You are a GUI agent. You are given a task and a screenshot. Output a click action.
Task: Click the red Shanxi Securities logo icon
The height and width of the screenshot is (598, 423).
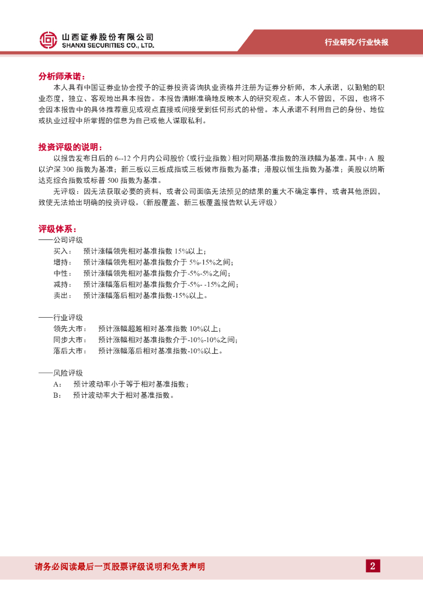click(x=48, y=40)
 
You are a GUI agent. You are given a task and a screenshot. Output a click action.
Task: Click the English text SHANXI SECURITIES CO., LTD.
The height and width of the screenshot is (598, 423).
click(x=108, y=45)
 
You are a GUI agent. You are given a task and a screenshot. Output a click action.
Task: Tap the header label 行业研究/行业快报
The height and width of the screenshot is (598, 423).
click(x=356, y=42)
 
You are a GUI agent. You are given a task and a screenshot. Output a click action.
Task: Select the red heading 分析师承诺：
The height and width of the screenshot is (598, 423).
click(x=62, y=77)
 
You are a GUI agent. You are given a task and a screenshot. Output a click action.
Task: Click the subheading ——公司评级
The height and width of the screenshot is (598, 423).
click(x=61, y=240)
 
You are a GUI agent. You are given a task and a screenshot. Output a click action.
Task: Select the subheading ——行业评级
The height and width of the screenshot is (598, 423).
click(x=61, y=317)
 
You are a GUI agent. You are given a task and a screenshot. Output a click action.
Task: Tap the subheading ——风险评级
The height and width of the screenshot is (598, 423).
click(x=61, y=373)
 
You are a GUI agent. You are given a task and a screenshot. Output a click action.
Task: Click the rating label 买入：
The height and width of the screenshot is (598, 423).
click(x=64, y=251)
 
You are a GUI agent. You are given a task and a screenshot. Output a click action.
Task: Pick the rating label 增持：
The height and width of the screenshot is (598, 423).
click(x=64, y=262)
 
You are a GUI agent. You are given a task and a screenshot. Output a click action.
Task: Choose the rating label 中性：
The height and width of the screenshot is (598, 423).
click(x=64, y=273)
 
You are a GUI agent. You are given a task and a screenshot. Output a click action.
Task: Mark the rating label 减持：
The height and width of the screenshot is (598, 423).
click(x=64, y=284)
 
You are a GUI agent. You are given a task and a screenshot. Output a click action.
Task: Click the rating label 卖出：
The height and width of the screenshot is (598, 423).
click(x=64, y=295)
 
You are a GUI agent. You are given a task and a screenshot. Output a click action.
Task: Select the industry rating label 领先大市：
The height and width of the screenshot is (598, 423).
click(x=70, y=328)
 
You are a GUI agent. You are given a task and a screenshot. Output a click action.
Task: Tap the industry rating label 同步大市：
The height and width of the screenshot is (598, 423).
click(x=70, y=340)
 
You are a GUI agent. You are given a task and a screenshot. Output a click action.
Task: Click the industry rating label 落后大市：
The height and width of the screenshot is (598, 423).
click(x=70, y=351)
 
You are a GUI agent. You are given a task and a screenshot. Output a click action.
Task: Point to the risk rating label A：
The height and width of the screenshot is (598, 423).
click(x=57, y=384)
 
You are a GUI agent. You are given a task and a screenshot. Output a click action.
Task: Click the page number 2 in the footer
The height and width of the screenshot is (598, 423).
click(x=372, y=565)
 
